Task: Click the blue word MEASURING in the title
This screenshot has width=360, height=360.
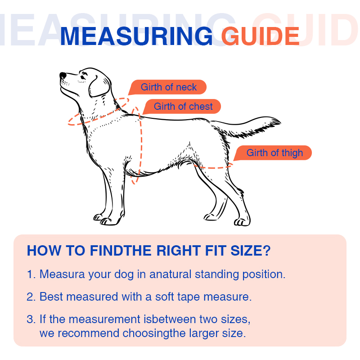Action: click(x=135, y=36)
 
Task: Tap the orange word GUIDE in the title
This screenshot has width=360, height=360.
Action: click(x=260, y=36)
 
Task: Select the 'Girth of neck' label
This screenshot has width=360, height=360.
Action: click(x=168, y=87)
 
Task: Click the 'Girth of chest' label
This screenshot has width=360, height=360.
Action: click(x=183, y=107)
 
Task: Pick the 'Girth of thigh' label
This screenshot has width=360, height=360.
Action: click(x=274, y=153)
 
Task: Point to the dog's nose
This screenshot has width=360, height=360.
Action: click(x=63, y=76)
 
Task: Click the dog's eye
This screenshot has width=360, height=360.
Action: click(x=83, y=77)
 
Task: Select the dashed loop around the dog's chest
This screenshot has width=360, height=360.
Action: click(x=140, y=144)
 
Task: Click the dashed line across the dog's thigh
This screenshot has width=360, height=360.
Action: click(x=214, y=167)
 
